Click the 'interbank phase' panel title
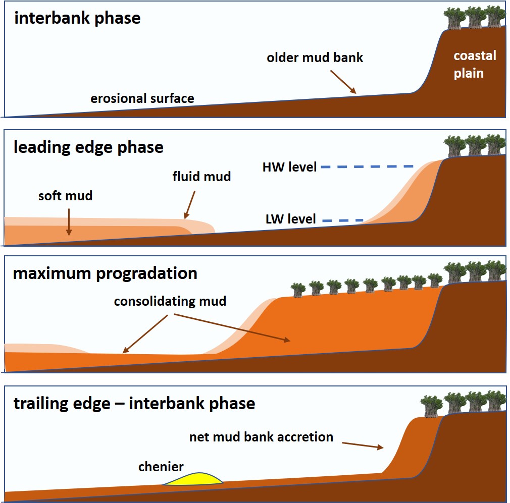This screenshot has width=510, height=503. [x=77, y=19]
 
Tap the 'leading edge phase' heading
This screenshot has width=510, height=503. [x=88, y=147]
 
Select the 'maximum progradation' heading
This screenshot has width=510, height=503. [x=105, y=273]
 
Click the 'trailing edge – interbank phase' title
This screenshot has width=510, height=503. [x=134, y=404]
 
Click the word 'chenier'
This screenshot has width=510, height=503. [x=161, y=466]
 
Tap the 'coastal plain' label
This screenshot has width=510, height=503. [x=474, y=64]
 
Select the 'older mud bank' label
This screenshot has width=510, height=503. [x=315, y=57]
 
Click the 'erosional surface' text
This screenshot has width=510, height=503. [x=142, y=98]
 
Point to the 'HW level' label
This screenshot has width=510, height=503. [x=289, y=166]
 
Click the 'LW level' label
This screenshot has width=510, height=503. [x=290, y=219]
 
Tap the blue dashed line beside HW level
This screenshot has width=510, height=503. [x=367, y=166]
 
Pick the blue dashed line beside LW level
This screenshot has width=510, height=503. [x=342, y=220]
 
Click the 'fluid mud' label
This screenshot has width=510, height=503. [x=201, y=177]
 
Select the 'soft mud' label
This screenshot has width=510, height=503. [x=66, y=195]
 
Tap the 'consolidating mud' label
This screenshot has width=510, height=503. [x=170, y=302]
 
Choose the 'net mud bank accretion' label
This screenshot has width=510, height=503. [x=261, y=437]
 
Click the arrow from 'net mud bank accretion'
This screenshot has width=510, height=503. [x=362, y=445]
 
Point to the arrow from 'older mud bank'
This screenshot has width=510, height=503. [x=343, y=82]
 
